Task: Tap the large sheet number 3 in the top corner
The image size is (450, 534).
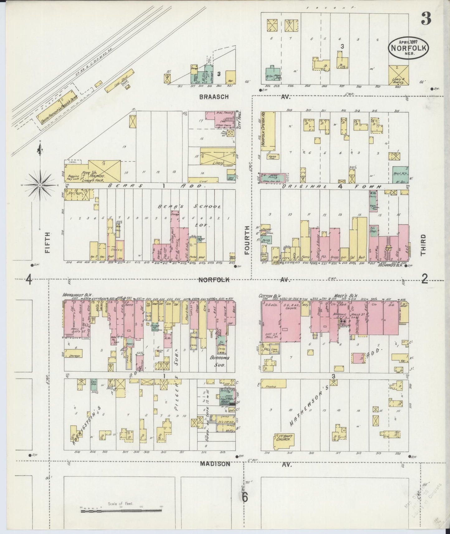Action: coord(426,19)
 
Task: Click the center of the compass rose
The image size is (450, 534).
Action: coord(40,185)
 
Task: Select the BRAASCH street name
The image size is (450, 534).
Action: coord(214,97)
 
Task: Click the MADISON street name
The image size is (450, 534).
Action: coord(215,464)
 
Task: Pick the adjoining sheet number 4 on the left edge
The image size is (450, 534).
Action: coord(29,279)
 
